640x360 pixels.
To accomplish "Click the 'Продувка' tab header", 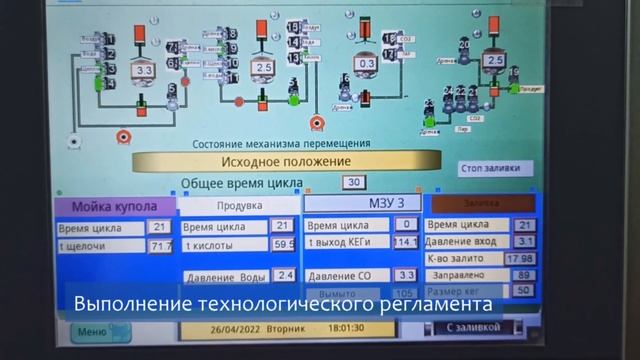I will (239, 206).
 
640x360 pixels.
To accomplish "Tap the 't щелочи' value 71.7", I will (161, 245).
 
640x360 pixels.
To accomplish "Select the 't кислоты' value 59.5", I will (283, 243).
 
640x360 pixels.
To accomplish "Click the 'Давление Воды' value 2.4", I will (285, 274).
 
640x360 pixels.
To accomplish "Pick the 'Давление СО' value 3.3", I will (406, 274).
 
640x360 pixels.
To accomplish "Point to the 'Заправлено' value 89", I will (523, 274).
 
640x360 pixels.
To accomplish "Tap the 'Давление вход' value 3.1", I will (525, 241).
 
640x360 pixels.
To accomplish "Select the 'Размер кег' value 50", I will (523, 290).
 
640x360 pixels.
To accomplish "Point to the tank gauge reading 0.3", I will (367, 63).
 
